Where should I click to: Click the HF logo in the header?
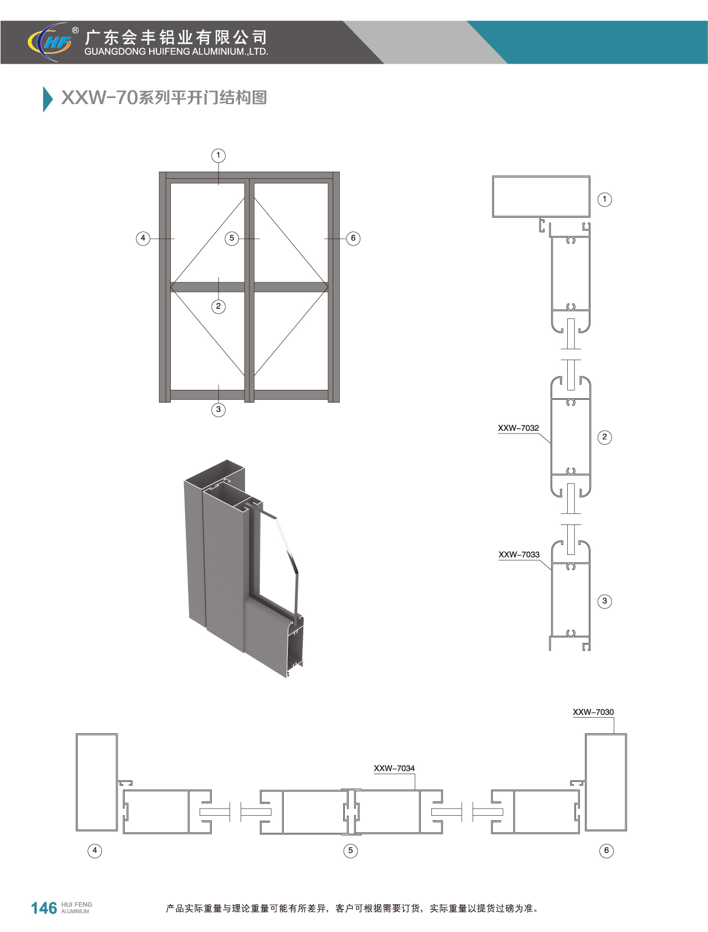click(52, 42)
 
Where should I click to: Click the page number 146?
click(44, 908)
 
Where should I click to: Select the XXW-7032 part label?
click(518, 428)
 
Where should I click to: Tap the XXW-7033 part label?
click(518, 554)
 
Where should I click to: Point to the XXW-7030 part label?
click(593, 712)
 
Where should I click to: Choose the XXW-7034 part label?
click(394, 768)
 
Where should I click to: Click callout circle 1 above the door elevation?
click(218, 156)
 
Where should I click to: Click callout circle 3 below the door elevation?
click(218, 410)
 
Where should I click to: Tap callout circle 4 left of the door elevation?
click(143, 239)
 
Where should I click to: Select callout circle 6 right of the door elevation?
click(353, 239)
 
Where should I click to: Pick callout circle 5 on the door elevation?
click(232, 239)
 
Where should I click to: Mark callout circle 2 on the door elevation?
click(218, 306)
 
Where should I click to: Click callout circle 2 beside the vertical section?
click(604, 437)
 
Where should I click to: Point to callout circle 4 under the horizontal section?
click(95, 851)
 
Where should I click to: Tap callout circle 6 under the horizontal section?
click(607, 851)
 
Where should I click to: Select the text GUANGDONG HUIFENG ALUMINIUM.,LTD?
click(176, 52)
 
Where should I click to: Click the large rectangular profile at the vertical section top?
click(541, 197)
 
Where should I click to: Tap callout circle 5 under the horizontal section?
click(350, 851)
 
